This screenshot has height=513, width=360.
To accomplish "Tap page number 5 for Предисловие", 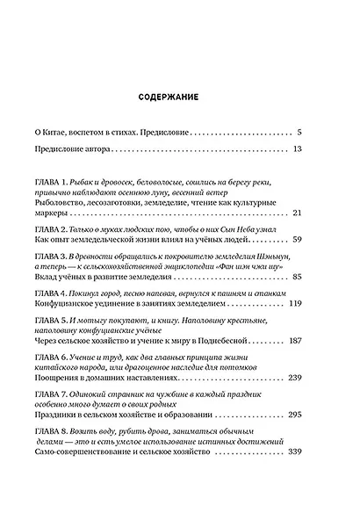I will pyautogui.click(x=299, y=130).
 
